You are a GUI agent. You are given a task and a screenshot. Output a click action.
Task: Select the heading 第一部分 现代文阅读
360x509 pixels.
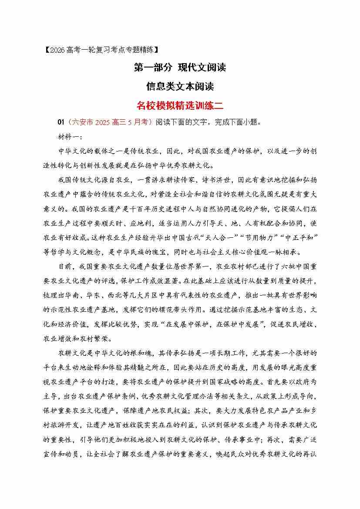tap(180, 68)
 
